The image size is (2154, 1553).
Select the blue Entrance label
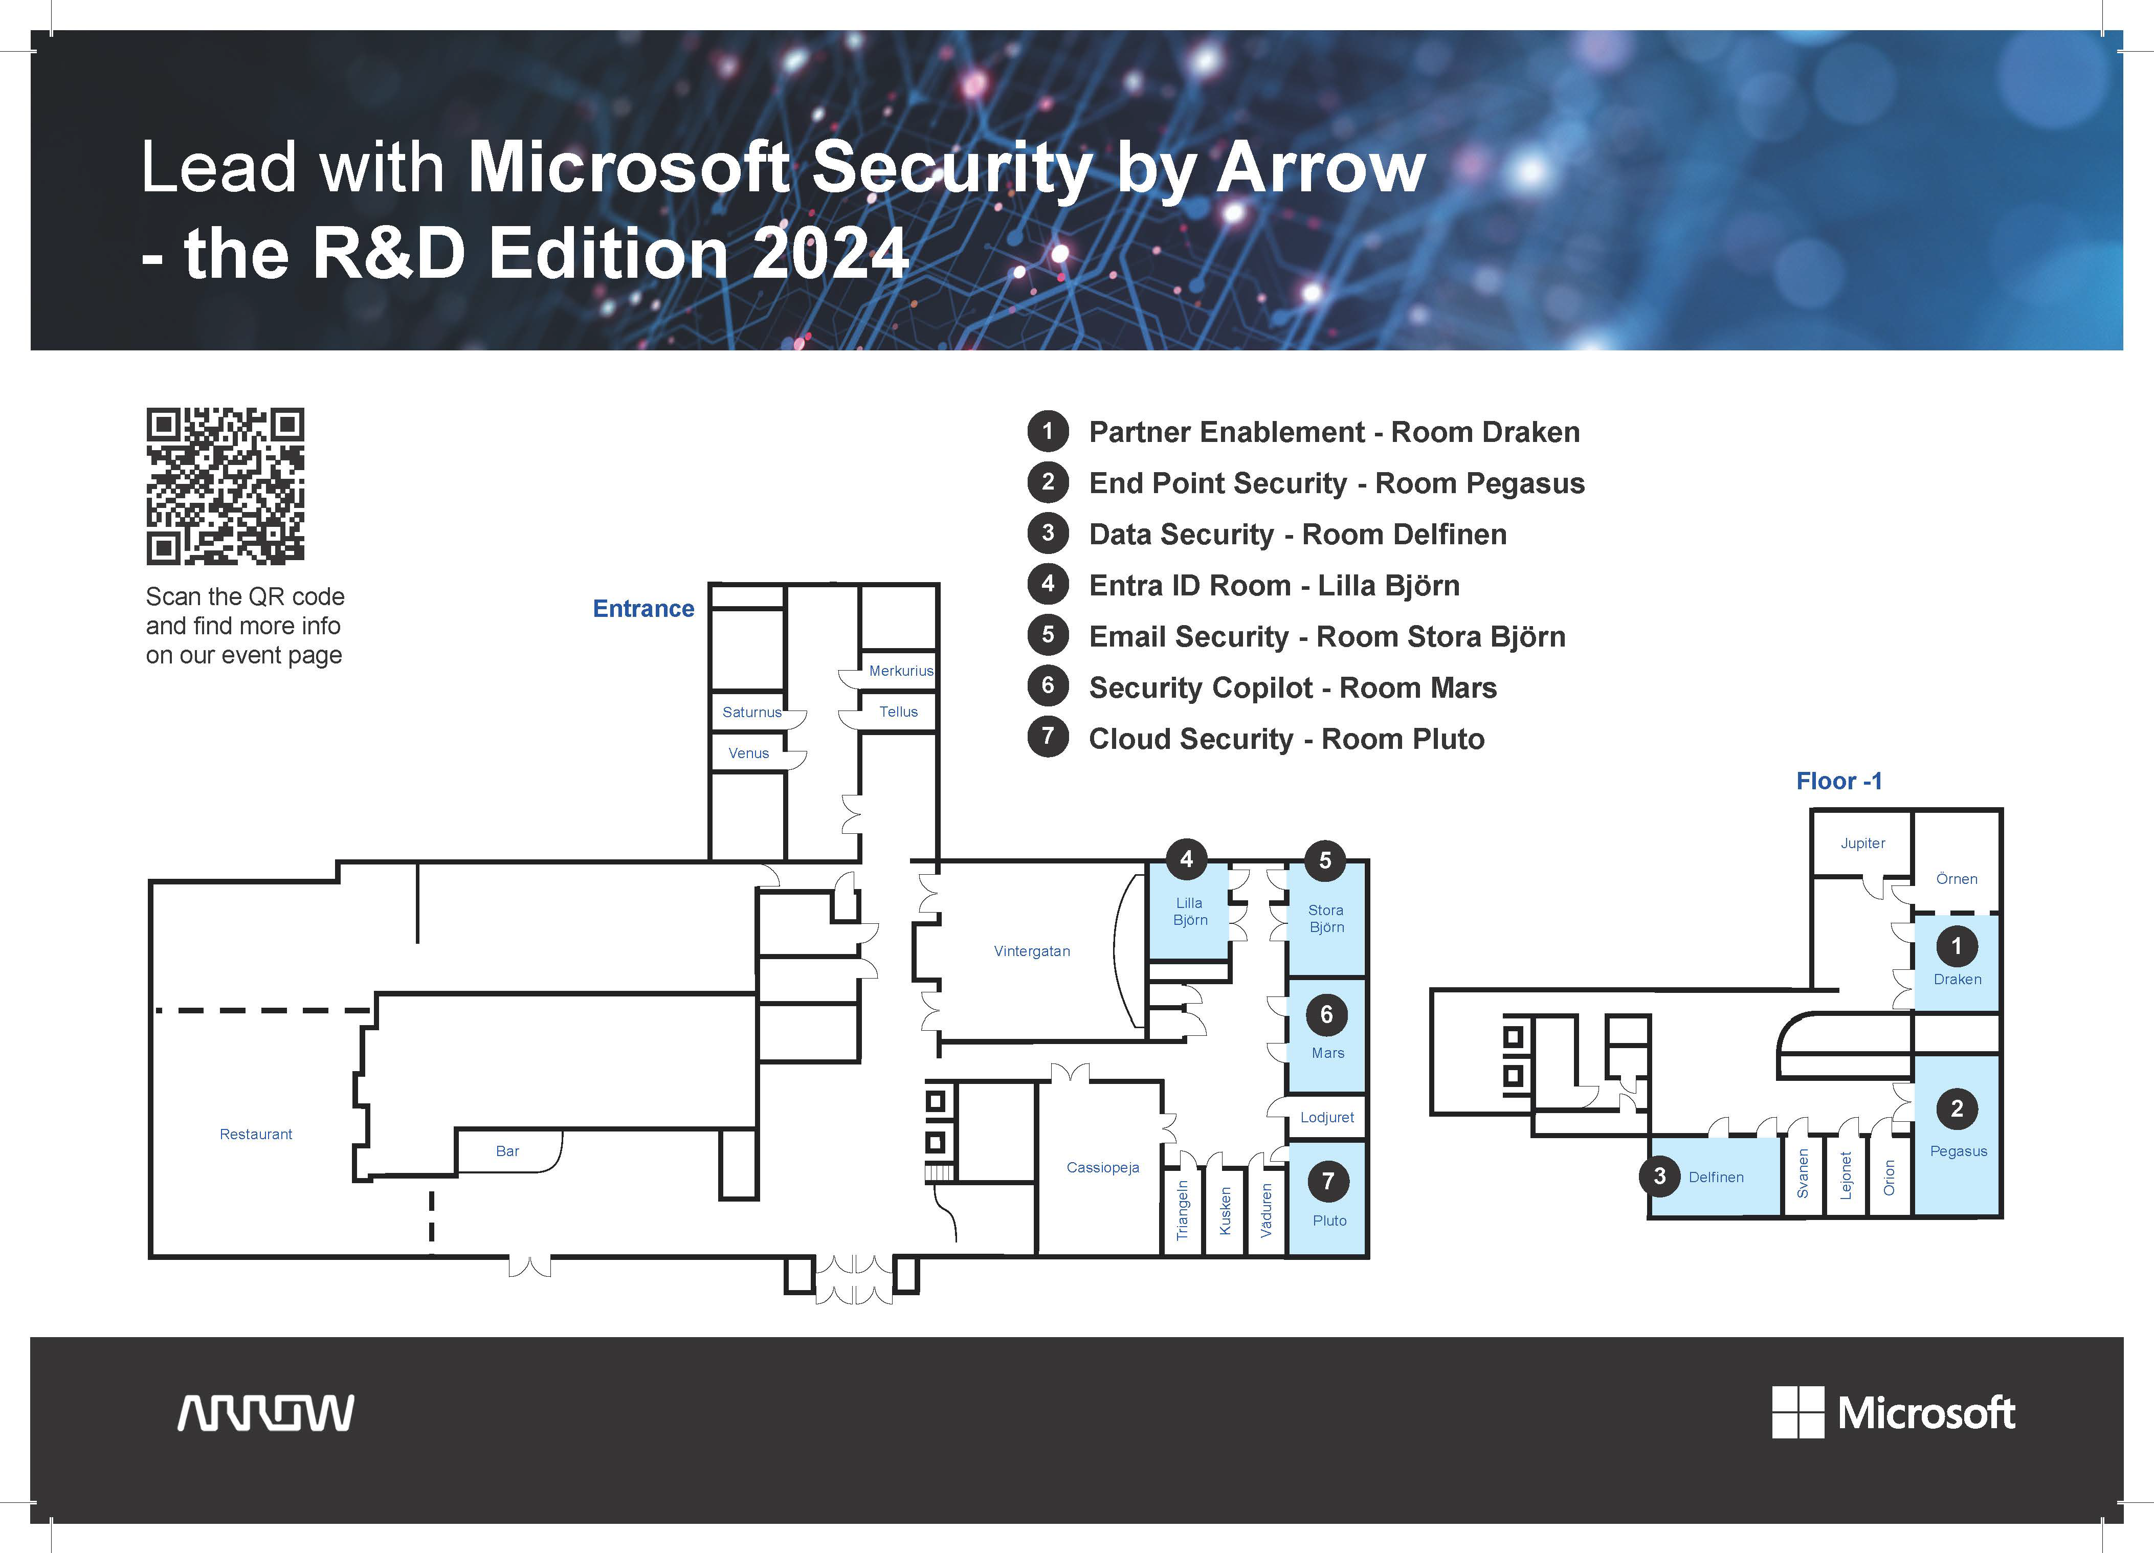(643, 609)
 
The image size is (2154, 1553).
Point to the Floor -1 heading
(1839, 781)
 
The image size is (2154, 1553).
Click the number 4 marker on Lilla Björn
(1186, 859)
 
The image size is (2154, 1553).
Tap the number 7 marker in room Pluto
(1328, 1181)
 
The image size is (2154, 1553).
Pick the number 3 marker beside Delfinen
(1659, 1176)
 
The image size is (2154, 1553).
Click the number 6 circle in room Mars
(1327, 1014)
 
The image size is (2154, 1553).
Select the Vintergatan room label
(1031, 951)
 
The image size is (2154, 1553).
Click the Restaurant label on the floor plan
(255, 1134)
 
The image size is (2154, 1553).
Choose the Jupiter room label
(1862, 842)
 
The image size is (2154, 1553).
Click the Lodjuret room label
(1327, 1117)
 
